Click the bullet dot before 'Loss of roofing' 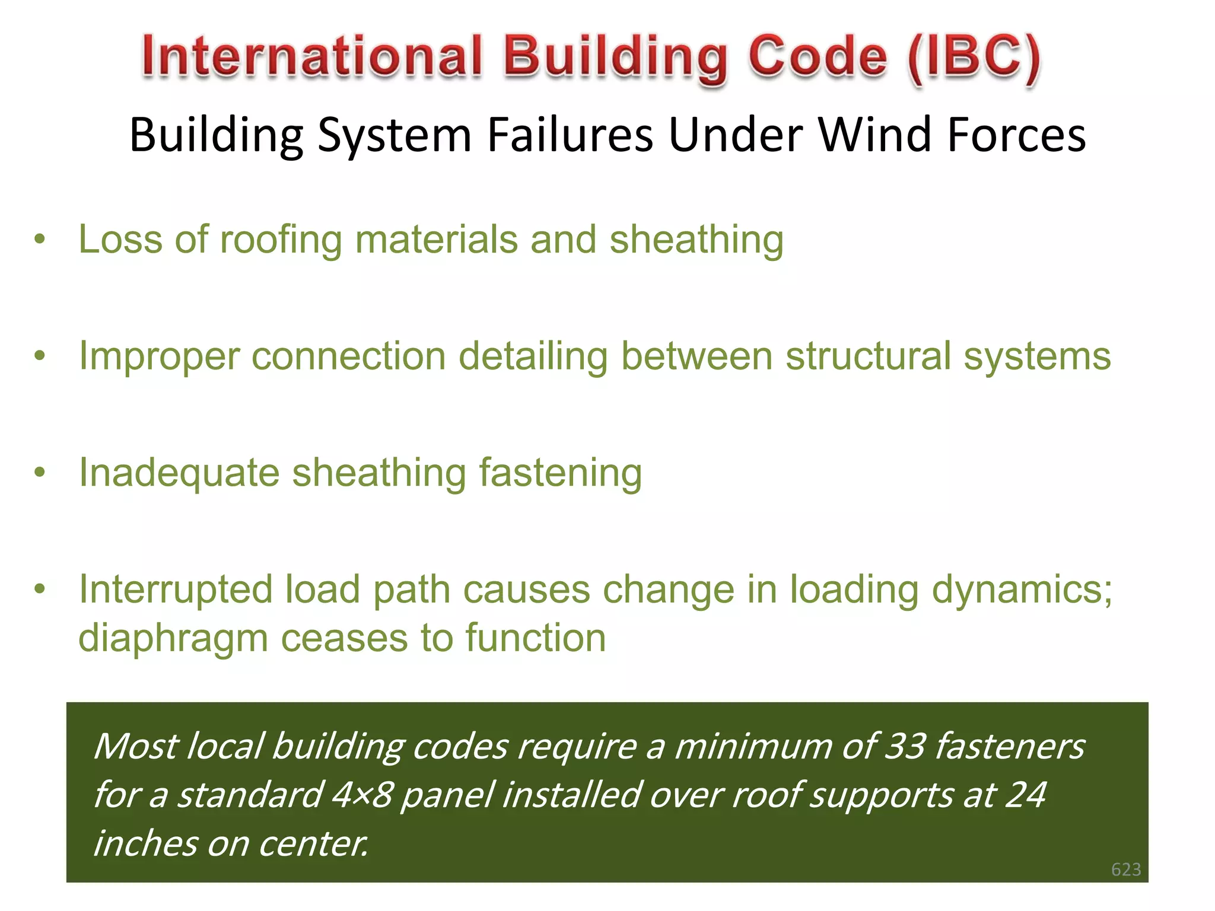click(x=40, y=240)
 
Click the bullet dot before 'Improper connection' click(x=40, y=356)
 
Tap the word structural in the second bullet click(x=868, y=356)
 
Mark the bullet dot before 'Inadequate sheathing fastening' click(x=40, y=473)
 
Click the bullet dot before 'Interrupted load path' click(x=40, y=590)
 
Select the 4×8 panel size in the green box click(x=361, y=795)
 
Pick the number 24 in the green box click(x=1026, y=795)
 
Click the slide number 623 click(x=1126, y=869)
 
